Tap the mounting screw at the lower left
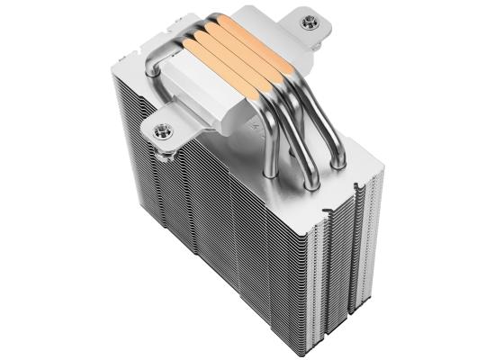tap(164, 131)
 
